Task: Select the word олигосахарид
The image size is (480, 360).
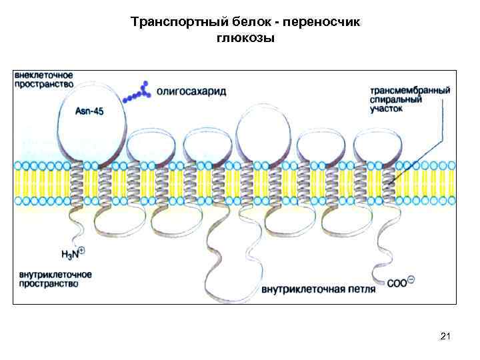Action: point(191,91)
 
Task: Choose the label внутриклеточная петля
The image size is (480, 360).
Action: point(318,289)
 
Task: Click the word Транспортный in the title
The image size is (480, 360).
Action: point(167,22)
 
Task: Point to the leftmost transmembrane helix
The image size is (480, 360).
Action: point(79,182)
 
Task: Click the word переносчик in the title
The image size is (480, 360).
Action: point(321,22)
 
